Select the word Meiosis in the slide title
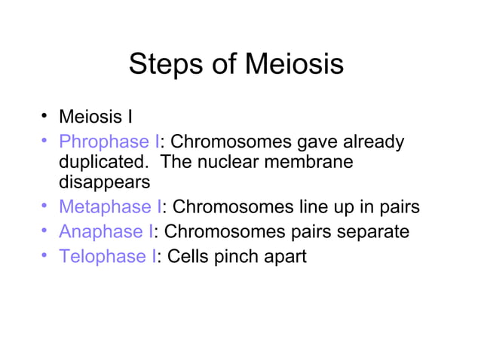point(295,65)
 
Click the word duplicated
point(101,162)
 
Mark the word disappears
point(104,182)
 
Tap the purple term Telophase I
point(107,257)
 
